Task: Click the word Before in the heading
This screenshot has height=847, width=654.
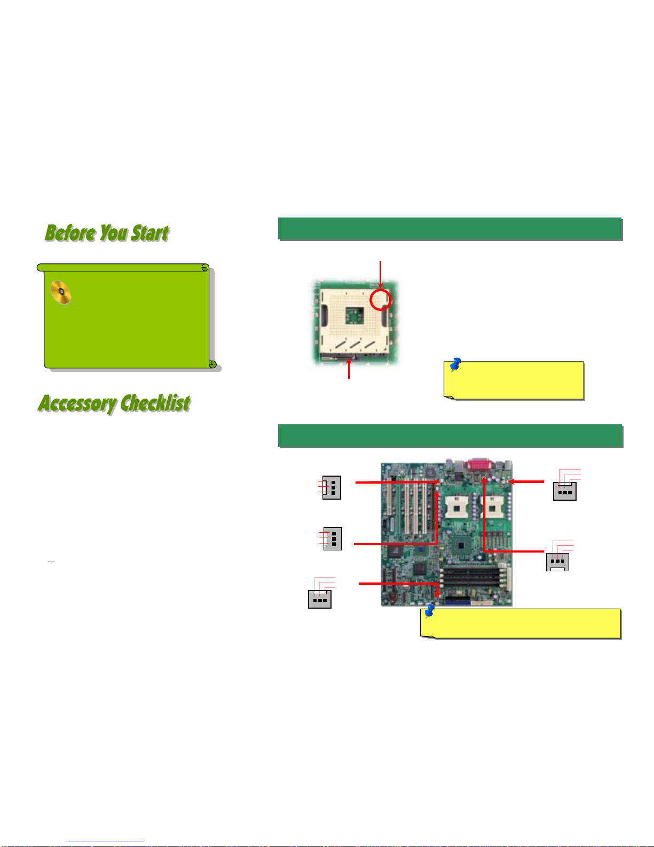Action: tap(70, 233)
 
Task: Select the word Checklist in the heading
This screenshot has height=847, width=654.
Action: tap(156, 403)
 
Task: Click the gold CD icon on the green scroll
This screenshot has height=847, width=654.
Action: tap(61, 292)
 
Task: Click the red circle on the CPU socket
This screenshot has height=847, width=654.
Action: tap(380, 299)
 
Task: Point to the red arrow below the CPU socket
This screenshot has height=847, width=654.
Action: tap(349, 368)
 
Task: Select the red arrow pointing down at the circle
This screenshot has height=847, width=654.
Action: tap(380, 275)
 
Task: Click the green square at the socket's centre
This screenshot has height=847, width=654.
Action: tap(354, 315)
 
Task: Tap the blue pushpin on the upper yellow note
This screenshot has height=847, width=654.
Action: tap(455, 364)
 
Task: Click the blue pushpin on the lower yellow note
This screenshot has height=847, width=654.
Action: tap(429, 611)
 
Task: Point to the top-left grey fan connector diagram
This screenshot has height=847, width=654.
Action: tap(332, 487)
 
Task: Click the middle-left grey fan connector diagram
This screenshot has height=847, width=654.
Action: tap(333, 539)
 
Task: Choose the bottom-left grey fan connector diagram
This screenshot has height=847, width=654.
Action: tap(320, 599)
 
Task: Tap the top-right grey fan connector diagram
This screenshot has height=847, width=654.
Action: tap(565, 491)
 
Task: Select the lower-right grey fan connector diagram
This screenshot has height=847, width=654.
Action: tap(557, 562)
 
